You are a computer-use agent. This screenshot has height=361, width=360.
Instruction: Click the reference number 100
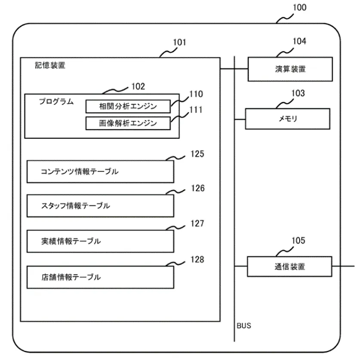pyautogui.click(x=299, y=7)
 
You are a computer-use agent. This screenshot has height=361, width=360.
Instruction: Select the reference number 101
pyautogui.click(x=179, y=43)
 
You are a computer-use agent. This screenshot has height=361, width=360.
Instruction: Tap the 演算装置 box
pyautogui.click(x=290, y=69)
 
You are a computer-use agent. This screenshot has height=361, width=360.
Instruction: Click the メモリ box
pyautogui.click(x=287, y=119)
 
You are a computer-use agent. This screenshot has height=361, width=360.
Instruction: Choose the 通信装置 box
pyautogui.click(x=289, y=266)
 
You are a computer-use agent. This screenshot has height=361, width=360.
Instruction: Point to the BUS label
pyautogui.click(x=244, y=326)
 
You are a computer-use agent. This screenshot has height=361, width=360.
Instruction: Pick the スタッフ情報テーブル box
pyautogui.click(x=100, y=206)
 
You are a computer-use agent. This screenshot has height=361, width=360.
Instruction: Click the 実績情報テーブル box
pyautogui.click(x=100, y=241)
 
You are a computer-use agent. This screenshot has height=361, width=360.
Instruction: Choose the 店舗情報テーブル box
pyautogui.click(x=100, y=277)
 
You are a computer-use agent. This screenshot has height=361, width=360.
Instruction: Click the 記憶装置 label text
pyautogui.click(x=50, y=66)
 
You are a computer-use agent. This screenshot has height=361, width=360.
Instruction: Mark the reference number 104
pyautogui.click(x=299, y=42)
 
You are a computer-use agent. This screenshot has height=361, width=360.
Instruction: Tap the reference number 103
pyautogui.click(x=297, y=93)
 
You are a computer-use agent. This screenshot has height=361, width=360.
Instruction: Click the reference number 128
pyautogui.click(x=198, y=260)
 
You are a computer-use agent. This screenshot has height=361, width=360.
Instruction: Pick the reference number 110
pyautogui.click(x=196, y=94)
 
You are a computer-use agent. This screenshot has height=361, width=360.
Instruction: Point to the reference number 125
pyautogui.click(x=198, y=154)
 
